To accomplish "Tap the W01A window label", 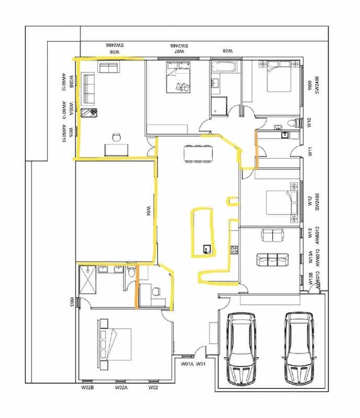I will tap(187, 364).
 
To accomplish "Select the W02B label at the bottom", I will tap(87, 388).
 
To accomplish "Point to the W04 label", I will tap(148, 211).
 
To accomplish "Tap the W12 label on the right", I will tap(310, 201).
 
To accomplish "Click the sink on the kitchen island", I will tap(207, 249).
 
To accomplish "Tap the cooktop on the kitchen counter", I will tap(234, 250).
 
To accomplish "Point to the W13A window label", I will tap(310, 257).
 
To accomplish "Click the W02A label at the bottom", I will tap(121, 388).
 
